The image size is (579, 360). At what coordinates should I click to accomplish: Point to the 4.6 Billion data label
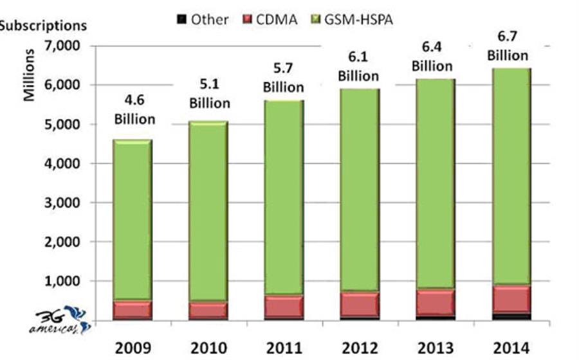click(x=134, y=110)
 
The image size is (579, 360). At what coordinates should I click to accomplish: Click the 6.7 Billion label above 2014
click(x=508, y=47)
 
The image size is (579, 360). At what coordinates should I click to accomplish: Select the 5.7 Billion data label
click(x=284, y=78)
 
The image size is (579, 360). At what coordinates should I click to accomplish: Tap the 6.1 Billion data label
click(x=358, y=67)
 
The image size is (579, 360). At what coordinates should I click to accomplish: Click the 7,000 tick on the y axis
click(x=62, y=46)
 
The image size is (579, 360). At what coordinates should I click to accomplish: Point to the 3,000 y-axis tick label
click(x=62, y=203)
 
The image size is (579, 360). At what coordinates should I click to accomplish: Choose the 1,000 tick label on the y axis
click(x=62, y=282)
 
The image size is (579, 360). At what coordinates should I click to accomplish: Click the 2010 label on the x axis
click(x=209, y=348)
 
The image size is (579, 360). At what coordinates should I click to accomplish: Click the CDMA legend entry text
click(x=278, y=20)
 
